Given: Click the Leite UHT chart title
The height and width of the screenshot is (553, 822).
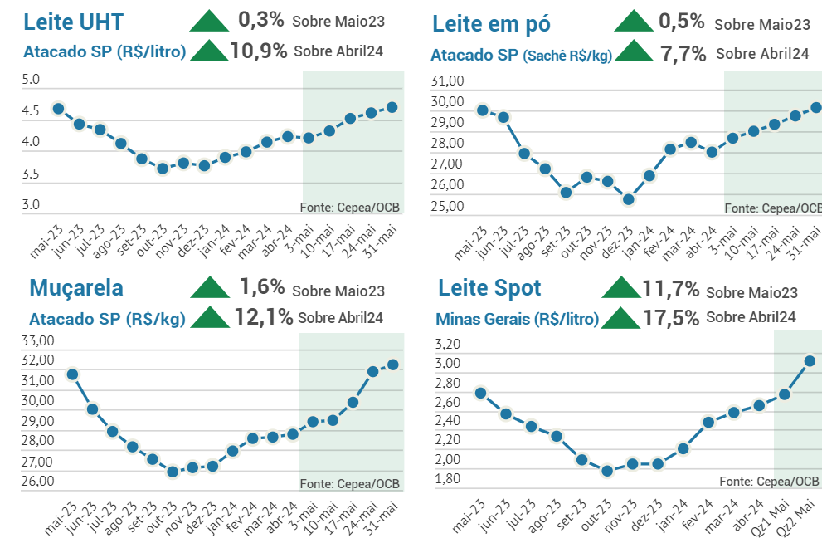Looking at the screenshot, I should [73, 21].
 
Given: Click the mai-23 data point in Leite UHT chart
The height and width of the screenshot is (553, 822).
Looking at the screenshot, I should [58, 108].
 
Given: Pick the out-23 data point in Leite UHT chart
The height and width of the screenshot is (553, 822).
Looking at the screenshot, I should [163, 169].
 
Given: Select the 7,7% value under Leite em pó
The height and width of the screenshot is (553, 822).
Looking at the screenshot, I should [683, 55].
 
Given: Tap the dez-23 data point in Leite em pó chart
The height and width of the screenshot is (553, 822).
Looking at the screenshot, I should [629, 199].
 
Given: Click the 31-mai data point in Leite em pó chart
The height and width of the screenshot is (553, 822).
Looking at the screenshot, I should [815, 107].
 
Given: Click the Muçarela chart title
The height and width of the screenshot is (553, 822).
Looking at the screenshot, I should [76, 288].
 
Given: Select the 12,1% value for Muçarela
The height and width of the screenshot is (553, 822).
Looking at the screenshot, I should [263, 316].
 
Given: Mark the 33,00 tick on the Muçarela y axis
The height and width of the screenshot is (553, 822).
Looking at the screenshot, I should [36, 340].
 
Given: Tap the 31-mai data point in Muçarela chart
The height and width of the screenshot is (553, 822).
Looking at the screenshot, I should [393, 365].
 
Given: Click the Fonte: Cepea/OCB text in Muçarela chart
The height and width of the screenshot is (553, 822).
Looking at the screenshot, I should [349, 483].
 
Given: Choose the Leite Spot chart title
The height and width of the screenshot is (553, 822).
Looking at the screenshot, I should [489, 288].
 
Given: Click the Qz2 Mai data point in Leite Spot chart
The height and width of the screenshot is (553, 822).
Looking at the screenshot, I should [810, 360].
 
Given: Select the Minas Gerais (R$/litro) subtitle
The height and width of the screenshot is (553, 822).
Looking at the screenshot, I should [517, 319].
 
